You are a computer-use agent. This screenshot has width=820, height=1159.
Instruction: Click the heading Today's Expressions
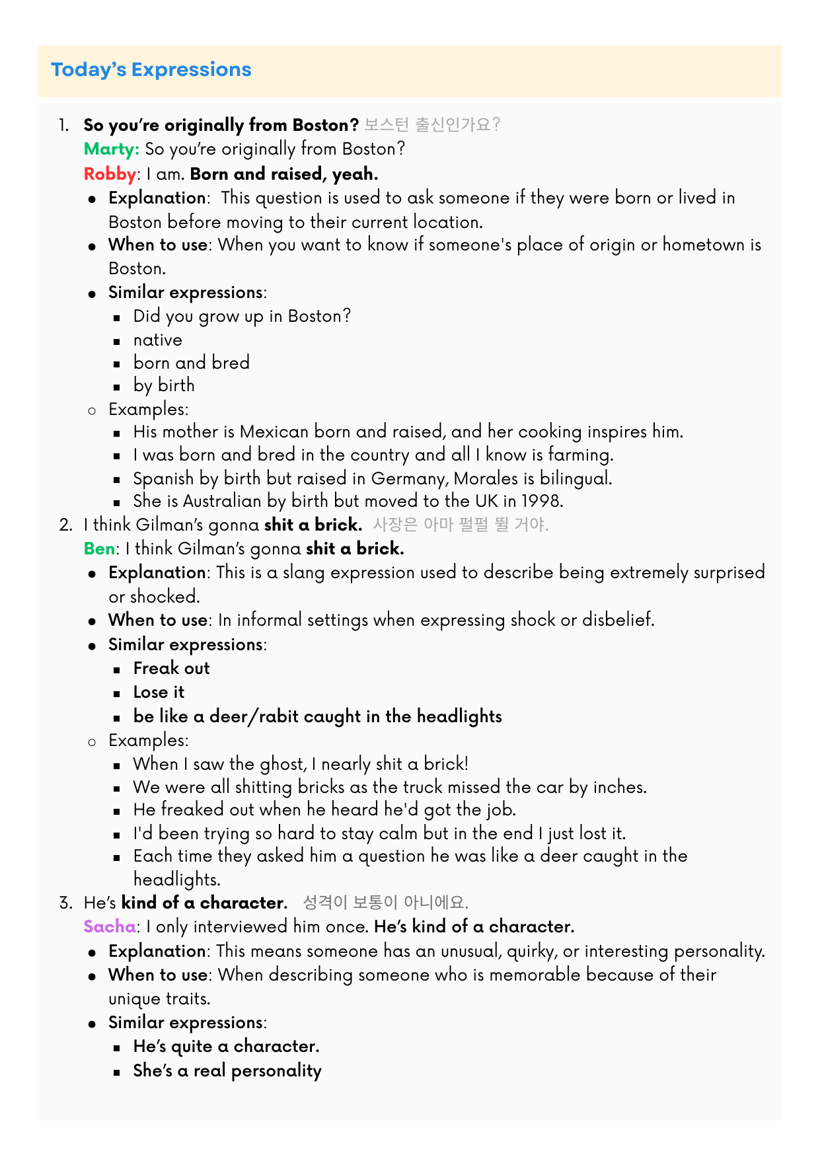(151, 69)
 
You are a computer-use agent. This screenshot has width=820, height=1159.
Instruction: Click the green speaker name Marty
(110, 149)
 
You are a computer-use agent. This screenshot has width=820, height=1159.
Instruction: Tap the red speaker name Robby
(110, 174)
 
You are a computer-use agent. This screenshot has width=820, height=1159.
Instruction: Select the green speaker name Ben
(99, 548)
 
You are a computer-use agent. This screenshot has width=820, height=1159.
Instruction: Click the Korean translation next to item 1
(432, 125)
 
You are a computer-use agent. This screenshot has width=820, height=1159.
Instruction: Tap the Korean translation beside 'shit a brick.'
(461, 525)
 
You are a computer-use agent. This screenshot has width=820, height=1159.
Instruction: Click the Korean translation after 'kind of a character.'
(385, 903)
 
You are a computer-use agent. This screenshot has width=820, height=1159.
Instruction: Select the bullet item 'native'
(157, 340)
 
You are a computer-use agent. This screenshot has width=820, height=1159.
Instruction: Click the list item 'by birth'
(164, 385)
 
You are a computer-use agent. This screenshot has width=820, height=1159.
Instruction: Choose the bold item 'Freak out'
(171, 668)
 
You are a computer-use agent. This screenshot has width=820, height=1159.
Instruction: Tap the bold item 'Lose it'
(159, 692)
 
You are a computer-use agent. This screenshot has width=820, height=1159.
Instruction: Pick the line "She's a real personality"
(227, 1070)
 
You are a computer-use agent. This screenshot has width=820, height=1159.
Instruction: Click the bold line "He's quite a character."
(226, 1046)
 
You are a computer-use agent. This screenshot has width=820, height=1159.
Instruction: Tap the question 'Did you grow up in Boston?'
(242, 316)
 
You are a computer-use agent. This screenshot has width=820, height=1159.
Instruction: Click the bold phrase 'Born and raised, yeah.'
(284, 174)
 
